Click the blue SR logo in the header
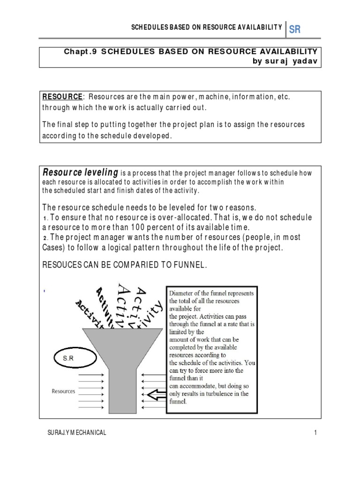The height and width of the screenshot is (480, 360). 295,30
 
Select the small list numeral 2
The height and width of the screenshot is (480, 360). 45,238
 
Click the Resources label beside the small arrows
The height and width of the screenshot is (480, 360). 63,391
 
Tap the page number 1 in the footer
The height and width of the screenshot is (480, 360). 316,433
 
